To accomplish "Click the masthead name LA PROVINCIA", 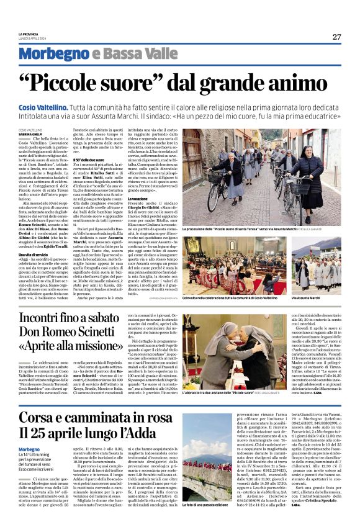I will [x=29, y=34].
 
